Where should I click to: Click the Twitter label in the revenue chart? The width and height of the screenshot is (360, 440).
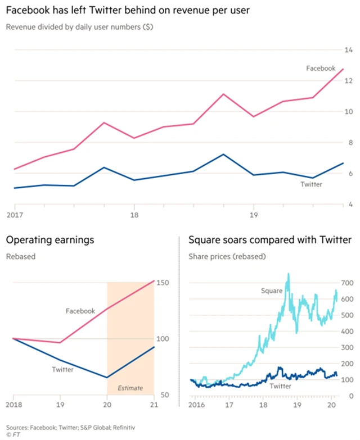pos(310,184)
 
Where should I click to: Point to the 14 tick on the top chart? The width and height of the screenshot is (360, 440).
pos(349,50)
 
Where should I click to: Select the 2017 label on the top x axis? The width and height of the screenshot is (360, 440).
pos(14,215)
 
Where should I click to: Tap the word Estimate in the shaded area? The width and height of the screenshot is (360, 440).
pos(130,388)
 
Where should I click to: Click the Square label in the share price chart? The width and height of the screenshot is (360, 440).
pos(272,291)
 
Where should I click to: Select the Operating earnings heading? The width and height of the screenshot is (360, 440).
pos(49,241)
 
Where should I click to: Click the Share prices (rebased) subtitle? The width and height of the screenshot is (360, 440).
pos(227,257)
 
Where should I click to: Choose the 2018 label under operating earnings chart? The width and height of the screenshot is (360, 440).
pos(13,405)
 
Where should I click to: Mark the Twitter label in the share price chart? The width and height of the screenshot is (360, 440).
pos(281,387)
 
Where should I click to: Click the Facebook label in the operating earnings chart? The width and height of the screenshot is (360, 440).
pos(80,310)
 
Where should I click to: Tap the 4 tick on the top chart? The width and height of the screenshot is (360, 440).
pos(350,205)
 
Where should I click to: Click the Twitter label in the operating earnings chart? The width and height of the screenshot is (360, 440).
pos(62,369)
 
